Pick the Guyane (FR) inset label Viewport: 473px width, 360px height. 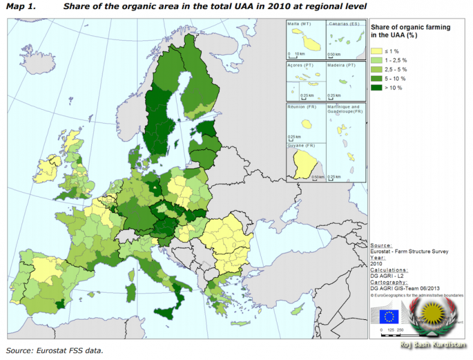301,146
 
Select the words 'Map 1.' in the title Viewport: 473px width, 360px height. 19,7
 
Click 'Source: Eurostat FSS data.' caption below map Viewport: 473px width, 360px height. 55,350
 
